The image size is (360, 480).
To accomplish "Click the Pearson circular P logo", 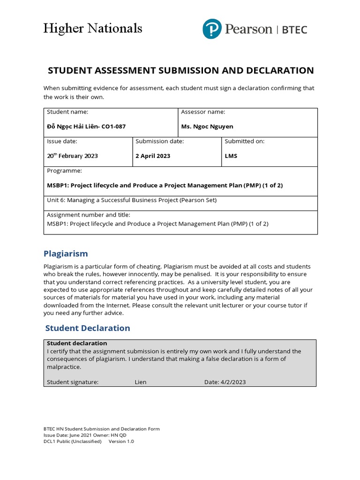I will pos(212,29).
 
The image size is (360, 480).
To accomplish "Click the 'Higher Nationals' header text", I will pos(92,29).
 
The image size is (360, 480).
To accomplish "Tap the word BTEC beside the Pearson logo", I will pos(294,30).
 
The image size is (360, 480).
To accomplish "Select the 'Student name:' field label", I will pos(67,112).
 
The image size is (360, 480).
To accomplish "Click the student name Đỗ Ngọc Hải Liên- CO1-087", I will pos(86,127).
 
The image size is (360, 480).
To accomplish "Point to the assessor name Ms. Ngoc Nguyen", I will pos(207,127).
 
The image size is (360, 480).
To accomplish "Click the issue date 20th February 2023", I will pos(72,156).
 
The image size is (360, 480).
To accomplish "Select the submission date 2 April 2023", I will pos(153,156).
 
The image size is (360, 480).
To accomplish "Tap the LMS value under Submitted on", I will pos(231,156).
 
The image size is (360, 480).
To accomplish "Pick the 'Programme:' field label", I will pos(64,171).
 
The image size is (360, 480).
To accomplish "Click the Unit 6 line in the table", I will pos(132,200).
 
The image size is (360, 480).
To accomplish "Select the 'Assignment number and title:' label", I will pos(89,215).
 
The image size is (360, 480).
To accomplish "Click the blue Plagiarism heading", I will pos(66,254).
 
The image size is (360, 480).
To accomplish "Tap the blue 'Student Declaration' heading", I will pos(88,328).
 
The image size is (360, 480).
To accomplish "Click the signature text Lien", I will pos(141,382).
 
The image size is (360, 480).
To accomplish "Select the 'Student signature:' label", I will pos(73,382).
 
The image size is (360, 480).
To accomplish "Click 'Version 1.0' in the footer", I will pos(121,442).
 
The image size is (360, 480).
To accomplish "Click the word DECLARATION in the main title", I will pos(274,71).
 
